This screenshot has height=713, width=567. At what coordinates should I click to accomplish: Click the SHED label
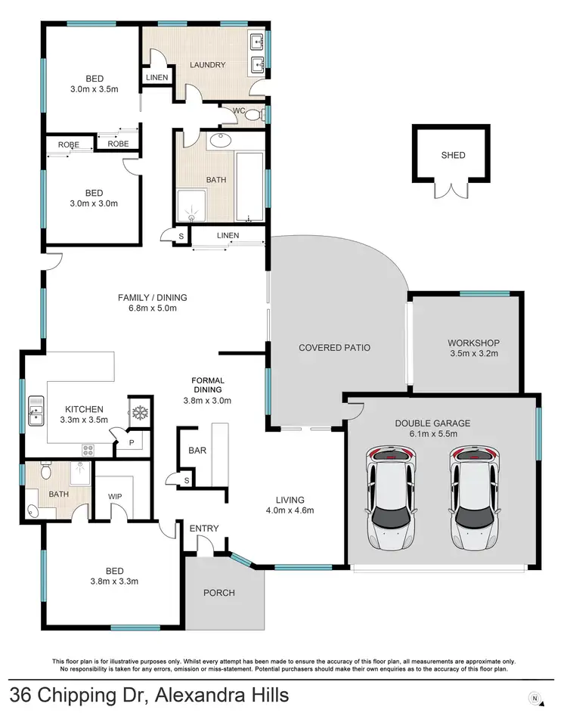click(454, 156)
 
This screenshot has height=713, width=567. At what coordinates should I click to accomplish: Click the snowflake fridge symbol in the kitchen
click(138, 413)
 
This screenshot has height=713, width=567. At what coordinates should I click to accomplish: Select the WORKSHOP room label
click(473, 343)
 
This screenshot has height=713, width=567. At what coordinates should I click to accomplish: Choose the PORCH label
click(219, 593)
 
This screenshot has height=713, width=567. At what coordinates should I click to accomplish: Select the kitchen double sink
click(36, 412)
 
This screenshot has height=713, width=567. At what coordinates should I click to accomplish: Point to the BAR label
click(197, 450)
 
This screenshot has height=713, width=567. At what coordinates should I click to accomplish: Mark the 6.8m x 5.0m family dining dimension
click(152, 308)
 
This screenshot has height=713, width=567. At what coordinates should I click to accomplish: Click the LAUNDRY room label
click(209, 65)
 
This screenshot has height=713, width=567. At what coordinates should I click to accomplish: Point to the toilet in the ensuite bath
click(45, 473)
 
